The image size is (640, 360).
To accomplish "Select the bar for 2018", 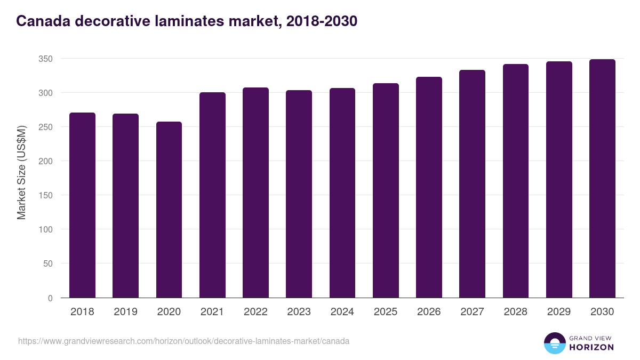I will (x=82, y=205).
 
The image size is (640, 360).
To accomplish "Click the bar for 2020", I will (x=169, y=210).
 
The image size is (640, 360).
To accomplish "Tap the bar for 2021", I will (x=212, y=195).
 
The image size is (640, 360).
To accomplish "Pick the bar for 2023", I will (x=299, y=194).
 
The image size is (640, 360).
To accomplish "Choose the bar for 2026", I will (x=429, y=187).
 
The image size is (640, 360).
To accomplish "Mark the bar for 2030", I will (x=602, y=179).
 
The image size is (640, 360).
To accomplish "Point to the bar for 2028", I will (x=516, y=181).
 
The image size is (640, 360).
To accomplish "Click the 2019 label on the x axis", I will (x=125, y=312).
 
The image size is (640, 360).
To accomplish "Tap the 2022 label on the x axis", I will (x=255, y=312).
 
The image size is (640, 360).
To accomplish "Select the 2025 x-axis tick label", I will (x=386, y=312).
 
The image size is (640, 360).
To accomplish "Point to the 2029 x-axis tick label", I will (x=559, y=312).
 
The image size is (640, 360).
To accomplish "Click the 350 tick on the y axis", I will (x=45, y=59).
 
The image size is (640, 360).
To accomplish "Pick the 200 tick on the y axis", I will (x=45, y=161).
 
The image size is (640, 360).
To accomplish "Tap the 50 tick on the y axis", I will (x=47, y=263).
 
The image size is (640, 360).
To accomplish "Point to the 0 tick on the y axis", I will (x=50, y=298).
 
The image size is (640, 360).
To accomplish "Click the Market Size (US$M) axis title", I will (x=21, y=172).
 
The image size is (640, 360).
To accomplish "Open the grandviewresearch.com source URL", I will (x=183, y=341).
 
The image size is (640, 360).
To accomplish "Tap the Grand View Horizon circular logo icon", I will (x=555, y=343).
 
